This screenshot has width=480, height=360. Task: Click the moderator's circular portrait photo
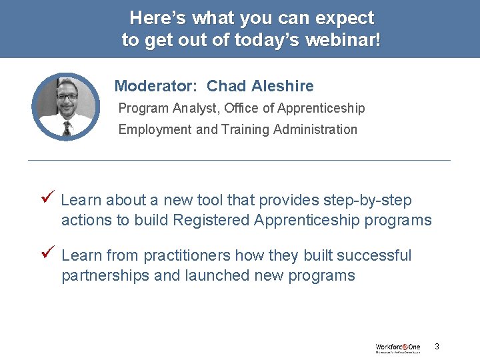pyautogui.click(x=66, y=107)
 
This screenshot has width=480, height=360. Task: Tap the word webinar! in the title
pyautogui.click(x=343, y=40)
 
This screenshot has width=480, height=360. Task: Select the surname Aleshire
pyautogui.click(x=283, y=86)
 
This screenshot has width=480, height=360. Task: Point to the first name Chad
pyautogui.click(x=227, y=86)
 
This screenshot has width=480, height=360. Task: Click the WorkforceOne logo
pyautogui.click(x=397, y=347)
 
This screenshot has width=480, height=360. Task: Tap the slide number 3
pyautogui.click(x=437, y=347)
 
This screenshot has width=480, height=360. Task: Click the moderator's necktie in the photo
pyautogui.click(x=66, y=128)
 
